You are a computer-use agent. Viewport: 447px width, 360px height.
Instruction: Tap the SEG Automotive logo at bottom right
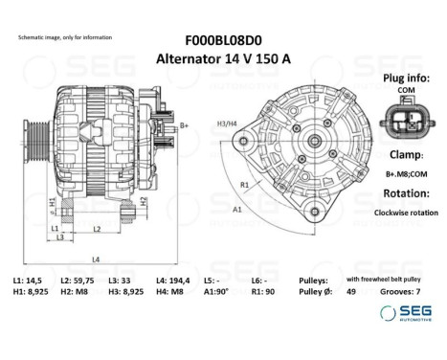point(401,313)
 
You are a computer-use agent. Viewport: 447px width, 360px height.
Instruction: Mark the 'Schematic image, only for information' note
point(64,36)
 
